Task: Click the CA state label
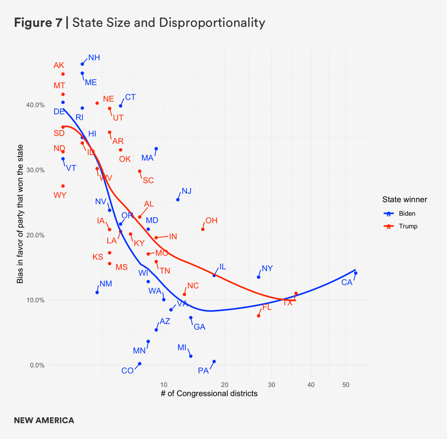click(347, 282)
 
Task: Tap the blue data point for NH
click(82, 64)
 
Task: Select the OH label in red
click(211, 221)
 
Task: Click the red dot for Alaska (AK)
click(63, 74)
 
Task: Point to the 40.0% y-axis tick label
click(35, 105)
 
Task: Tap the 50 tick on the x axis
click(346, 385)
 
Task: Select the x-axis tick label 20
click(225, 385)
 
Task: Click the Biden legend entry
click(407, 214)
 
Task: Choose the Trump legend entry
click(408, 226)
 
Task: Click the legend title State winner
click(404, 200)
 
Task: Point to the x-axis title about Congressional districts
click(209, 394)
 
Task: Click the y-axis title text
click(20, 214)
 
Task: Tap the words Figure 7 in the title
click(38, 23)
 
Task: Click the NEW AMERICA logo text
click(44, 420)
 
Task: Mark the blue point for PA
click(214, 361)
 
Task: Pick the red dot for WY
click(63, 186)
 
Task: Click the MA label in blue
click(147, 158)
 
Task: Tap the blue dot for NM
click(97, 292)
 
